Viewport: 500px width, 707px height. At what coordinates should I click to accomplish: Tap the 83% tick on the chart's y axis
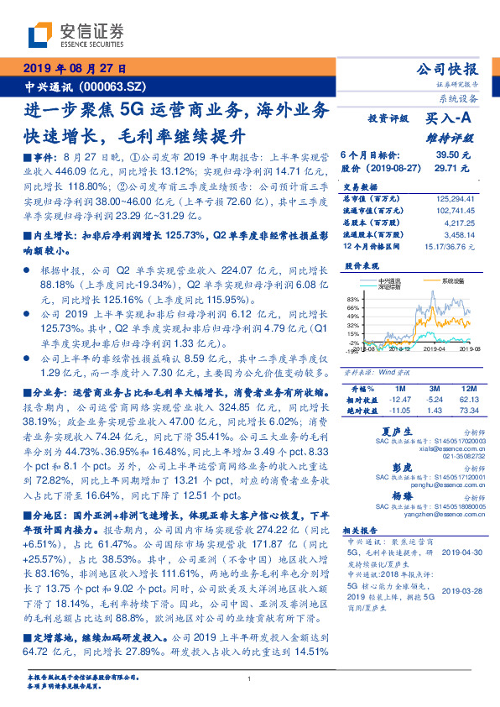[x=353, y=299]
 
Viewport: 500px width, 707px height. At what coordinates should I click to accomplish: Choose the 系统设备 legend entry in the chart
[x=452, y=280]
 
